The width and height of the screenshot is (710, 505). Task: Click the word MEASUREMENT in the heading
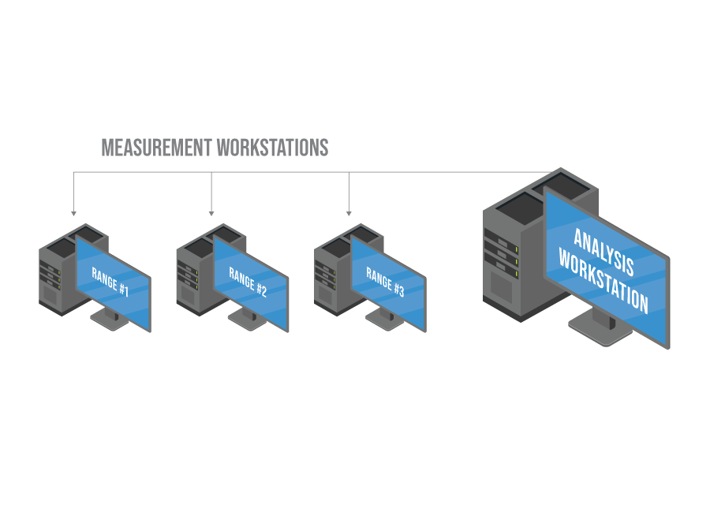point(156,148)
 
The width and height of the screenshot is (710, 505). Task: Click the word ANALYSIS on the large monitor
point(603,245)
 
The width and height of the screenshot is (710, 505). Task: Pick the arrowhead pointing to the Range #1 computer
point(73,212)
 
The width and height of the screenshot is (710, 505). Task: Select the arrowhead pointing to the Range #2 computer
point(211,212)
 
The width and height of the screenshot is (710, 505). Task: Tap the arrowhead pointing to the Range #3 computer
point(349,212)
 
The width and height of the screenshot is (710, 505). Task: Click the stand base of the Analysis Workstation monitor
point(598,331)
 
